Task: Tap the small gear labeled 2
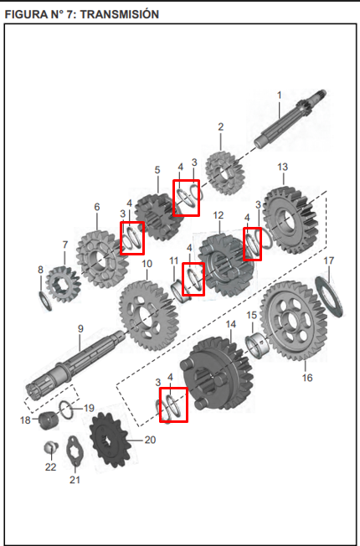(x=221, y=172)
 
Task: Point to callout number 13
(x=282, y=167)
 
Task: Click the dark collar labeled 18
(x=45, y=418)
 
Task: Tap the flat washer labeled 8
(x=44, y=298)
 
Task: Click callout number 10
(x=147, y=264)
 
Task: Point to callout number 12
(x=218, y=215)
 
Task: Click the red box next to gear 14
(x=173, y=404)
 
